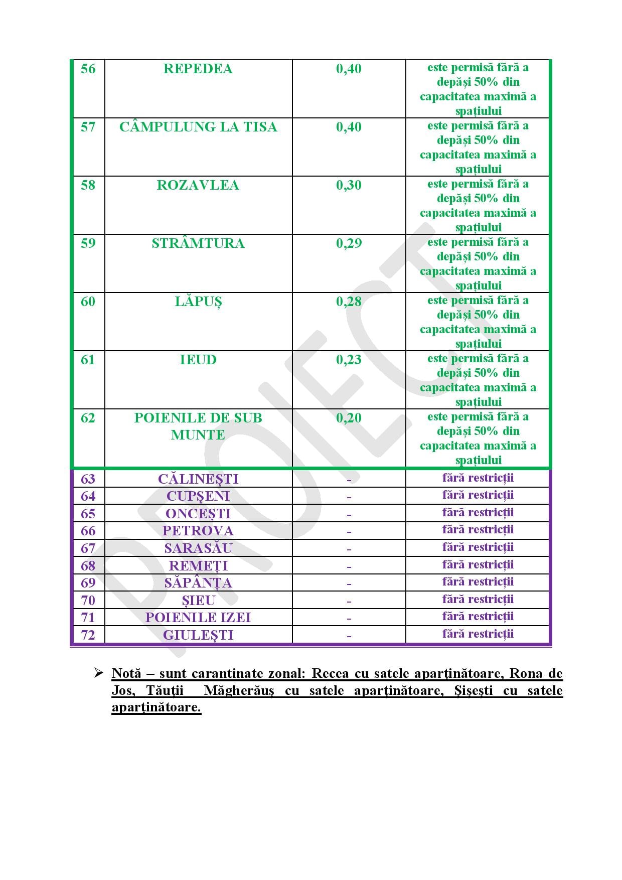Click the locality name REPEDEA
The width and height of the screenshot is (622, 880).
click(x=198, y=69)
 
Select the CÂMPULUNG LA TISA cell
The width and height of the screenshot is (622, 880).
click(x=198, y=127)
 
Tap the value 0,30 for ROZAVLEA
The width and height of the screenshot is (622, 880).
click(x=349, y=186)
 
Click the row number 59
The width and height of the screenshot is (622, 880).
click(x=88, y=244)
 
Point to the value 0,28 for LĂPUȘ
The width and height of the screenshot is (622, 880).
click(x=349, y=302)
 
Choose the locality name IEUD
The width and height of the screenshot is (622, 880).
click(x=198, y=360)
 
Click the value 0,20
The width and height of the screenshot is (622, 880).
click(x=349, y=418)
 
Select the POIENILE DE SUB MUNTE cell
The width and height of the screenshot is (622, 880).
click(x=198, y=426)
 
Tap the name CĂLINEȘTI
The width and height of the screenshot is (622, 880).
click(x=198, y=479)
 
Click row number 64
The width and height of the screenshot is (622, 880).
click(x=88, y=496)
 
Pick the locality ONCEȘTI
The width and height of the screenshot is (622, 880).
click(x=198, y=514)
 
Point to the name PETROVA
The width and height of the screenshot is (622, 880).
click(x=198, y=531)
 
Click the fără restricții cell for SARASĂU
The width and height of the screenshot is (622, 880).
click(x=478, y=547)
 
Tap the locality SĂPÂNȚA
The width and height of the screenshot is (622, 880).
click(x=198, y=583)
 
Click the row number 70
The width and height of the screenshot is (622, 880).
click(x=88, y=601)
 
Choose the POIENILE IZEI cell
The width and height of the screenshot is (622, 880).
click(x=198, y=618)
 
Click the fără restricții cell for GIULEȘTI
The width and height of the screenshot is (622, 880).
click(x=478, y=634)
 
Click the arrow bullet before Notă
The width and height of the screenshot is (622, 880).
click(x=98, y=673)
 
